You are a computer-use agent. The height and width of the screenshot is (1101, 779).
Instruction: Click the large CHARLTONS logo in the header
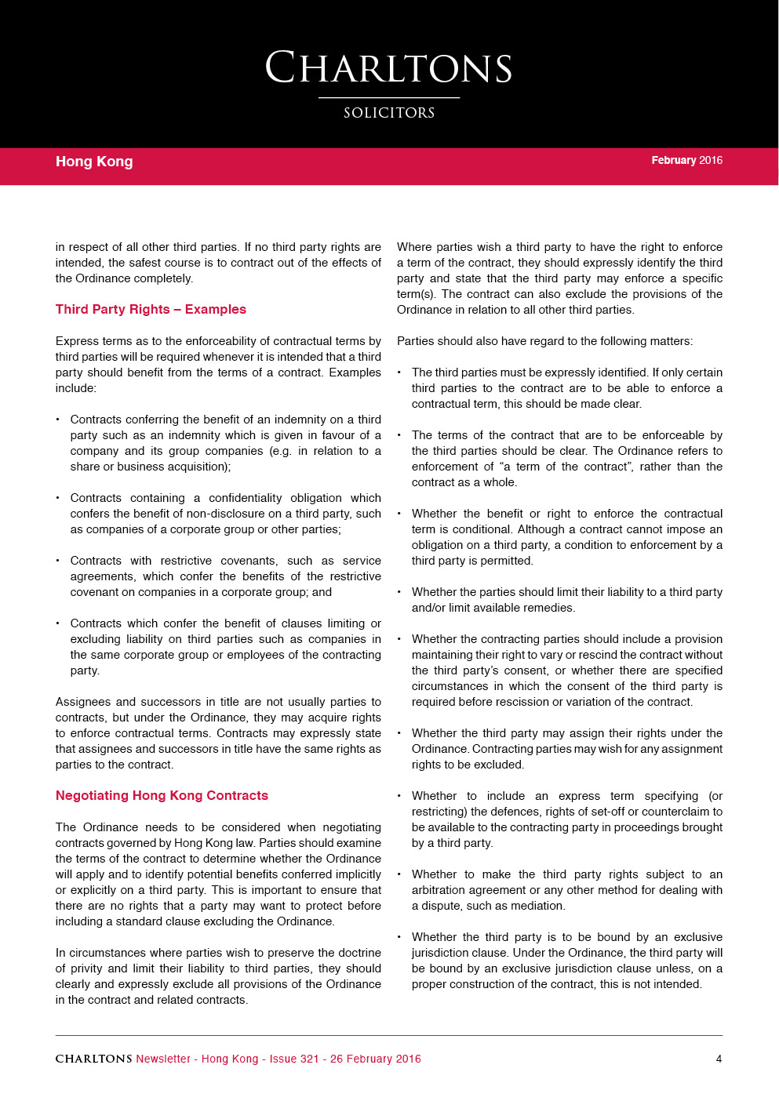pyautogui.click(x=389, y=68)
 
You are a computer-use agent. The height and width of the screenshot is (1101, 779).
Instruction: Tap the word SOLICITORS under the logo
pyautogui.click(x=389, y=113)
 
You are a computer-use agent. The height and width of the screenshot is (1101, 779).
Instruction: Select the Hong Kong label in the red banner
pyautogui.click(x=94, y=162)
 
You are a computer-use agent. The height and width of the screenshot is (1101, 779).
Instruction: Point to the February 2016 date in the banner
pyautogui.click(x=686, y=160)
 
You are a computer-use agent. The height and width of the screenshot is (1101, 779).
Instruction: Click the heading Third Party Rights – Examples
pyautogui.click(x=151, y=309)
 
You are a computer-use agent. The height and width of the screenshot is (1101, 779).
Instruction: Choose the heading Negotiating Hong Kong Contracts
pyautogui.click(x=162, y=795)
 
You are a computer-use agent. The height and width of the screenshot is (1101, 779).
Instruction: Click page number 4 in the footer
pyautogui.click(x=719, y=1059)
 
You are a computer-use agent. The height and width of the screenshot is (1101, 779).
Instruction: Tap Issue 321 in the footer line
pyautogui.click(x=294, y=1059)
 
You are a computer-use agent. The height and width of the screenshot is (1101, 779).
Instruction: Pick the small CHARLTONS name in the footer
pyautogui.click(x=93, y=1059)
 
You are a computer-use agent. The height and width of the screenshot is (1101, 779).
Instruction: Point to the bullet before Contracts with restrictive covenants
pyautogui.click(x=57, y=561)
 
